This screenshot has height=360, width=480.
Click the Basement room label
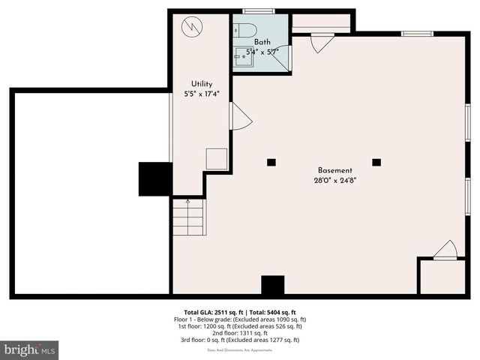pyautogui.click(x=334, y=170)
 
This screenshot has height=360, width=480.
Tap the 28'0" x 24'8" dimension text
pyautogui.click(x=334, y=180)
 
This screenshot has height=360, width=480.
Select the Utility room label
pyautogui.click(x=202, y=84)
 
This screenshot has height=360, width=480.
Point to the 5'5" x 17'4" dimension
pyautogui.click(x=202, y=94)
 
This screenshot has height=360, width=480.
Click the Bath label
pyautogui.click(x=262, y=42)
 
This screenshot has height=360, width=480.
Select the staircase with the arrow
pyautogui.click(x=188, y=217)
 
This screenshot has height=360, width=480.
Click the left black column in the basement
pyautogui.click(x=271, y=162)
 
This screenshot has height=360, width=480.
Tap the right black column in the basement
pyautogui.click(x=376, y=162)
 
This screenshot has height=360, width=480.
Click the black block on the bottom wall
pyautogui.click(x=273, y=286)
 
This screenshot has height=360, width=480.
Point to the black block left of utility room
pyautogui.click(x=154, y=178)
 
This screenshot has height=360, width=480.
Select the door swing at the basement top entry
pyautogui.click(x=321, y=43)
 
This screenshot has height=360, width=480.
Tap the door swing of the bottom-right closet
pyautogui.click(x=446, y=251)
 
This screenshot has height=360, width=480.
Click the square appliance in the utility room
pyautogui.click(x=217, y=159)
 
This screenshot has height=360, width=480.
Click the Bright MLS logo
pyautogui.click(x=29, y=349)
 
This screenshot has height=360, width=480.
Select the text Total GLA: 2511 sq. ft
pyautogui.click(x=211, y=312)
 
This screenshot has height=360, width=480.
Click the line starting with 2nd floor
pyautogui.click(x=239, y=333)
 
